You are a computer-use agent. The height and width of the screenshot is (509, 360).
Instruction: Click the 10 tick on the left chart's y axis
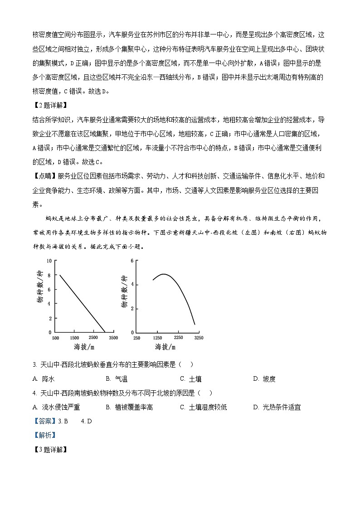click(50, 261)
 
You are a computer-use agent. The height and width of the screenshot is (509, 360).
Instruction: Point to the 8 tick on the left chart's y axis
click(50, 275)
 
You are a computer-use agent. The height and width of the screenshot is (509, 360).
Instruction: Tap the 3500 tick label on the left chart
click(113, 338)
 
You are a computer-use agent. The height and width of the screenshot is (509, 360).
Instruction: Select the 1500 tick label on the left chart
click(75, 338)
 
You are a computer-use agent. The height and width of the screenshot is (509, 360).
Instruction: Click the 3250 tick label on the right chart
click(199, 338)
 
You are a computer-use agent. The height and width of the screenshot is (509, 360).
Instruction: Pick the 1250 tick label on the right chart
click(158, 338)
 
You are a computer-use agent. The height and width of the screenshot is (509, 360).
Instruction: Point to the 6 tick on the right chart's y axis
click(131, 261)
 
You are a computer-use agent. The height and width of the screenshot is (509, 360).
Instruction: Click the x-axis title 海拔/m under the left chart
click(84, 347)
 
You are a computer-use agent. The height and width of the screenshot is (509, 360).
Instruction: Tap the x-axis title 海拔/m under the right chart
click(165, 347)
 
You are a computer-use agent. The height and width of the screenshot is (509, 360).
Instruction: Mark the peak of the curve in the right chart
click(164, 274)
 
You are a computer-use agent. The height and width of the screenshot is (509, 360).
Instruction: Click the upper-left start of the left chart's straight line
click(60, 275)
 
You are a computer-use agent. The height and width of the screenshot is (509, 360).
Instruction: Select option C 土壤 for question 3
click(190, 379)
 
